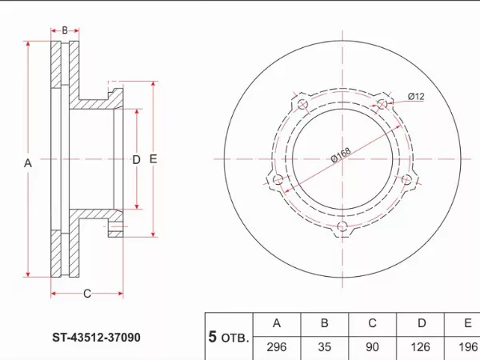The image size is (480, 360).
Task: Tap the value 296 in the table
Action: (276, 346)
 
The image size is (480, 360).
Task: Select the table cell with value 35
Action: (325, 346)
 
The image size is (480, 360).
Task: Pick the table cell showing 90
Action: (372, 346)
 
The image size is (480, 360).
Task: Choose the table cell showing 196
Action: (467, 346)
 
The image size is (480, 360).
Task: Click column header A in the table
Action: (276, 324)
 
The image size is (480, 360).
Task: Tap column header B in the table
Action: (325, 324)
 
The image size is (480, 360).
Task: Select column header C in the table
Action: (372, 324)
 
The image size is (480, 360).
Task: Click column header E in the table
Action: (467, 324)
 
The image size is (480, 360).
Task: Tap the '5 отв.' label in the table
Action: (228, 337)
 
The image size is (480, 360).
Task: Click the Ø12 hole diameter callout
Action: (415, 97)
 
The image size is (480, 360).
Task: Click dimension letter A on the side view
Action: (27, 163)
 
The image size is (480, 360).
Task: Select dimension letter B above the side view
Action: (65, 30)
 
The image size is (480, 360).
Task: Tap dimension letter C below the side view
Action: (87, 294)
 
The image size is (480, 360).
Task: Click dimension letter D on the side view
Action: (135, 160)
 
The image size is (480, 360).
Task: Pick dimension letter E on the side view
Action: (153, 159)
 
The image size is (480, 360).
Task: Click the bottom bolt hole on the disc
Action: (343, 227)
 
